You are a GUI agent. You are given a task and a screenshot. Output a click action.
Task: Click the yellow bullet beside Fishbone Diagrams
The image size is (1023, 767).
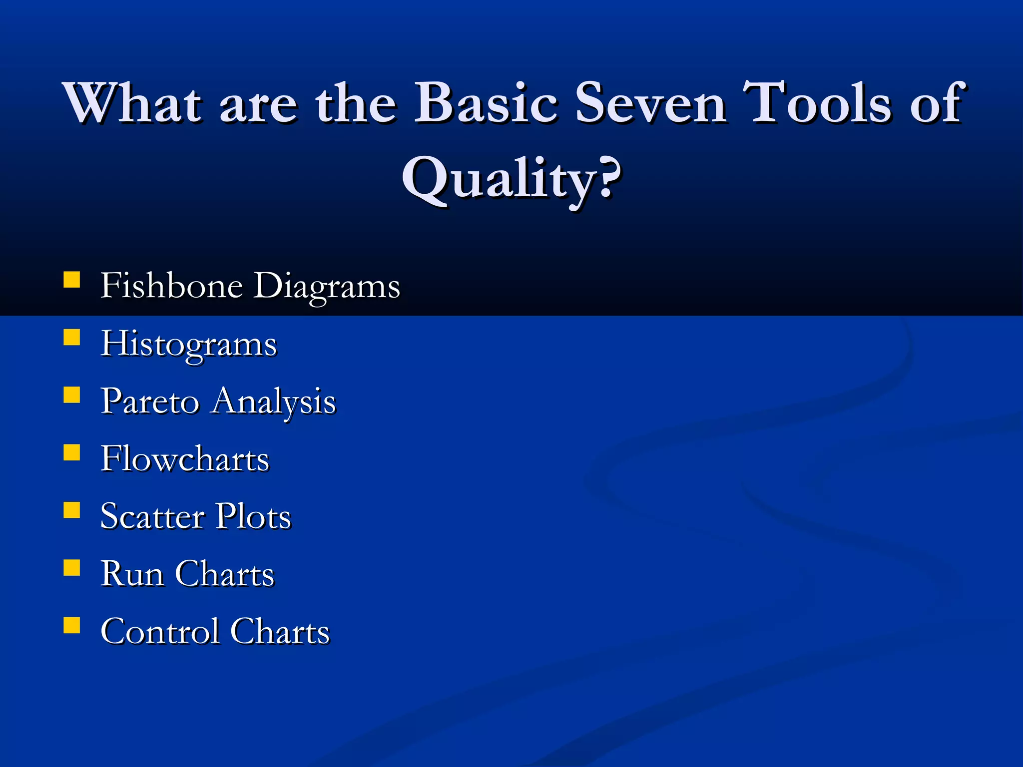click(72, 280)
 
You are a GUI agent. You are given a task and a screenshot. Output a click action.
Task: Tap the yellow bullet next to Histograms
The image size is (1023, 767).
click(72, 338)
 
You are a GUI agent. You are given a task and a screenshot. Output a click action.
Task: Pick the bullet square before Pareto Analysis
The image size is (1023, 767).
click(72, 395)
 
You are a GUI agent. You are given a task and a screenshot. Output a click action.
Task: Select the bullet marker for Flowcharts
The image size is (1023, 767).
click(72, 452)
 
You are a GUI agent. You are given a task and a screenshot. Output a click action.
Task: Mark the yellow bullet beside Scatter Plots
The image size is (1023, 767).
click(72, 510)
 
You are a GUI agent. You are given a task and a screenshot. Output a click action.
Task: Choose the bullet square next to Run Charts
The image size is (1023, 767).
click(72, 568)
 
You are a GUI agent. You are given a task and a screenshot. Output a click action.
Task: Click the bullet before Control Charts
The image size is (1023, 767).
click(72, 625)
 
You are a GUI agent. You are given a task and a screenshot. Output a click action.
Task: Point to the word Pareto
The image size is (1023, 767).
click(149, 401)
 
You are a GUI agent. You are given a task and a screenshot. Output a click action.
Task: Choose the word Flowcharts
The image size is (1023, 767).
click(185, 458)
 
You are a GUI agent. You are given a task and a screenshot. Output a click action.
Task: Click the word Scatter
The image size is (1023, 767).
click(152, 516)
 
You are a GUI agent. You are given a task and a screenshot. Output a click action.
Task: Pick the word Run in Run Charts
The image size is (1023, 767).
click(132, 574)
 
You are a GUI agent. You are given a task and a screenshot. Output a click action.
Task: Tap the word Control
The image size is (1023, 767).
click(160, 631)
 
